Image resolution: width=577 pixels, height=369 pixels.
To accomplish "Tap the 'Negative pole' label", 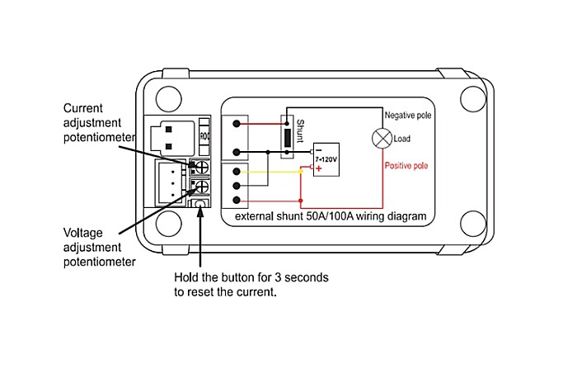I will click(x=408, y=115).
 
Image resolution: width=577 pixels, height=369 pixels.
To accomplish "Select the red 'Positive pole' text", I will click(x=406, y=165).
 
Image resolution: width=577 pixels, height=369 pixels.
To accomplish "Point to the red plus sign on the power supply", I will click(x=318, y=168).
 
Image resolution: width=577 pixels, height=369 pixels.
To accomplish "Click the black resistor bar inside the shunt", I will click(x=287, y=137).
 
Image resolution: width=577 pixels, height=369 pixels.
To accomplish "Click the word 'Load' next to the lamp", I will click(x=402, y=139).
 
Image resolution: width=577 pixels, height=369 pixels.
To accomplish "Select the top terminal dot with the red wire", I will click(x=237, y=124).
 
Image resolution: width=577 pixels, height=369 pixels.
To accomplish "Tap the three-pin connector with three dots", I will click(x=170, y=182).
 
